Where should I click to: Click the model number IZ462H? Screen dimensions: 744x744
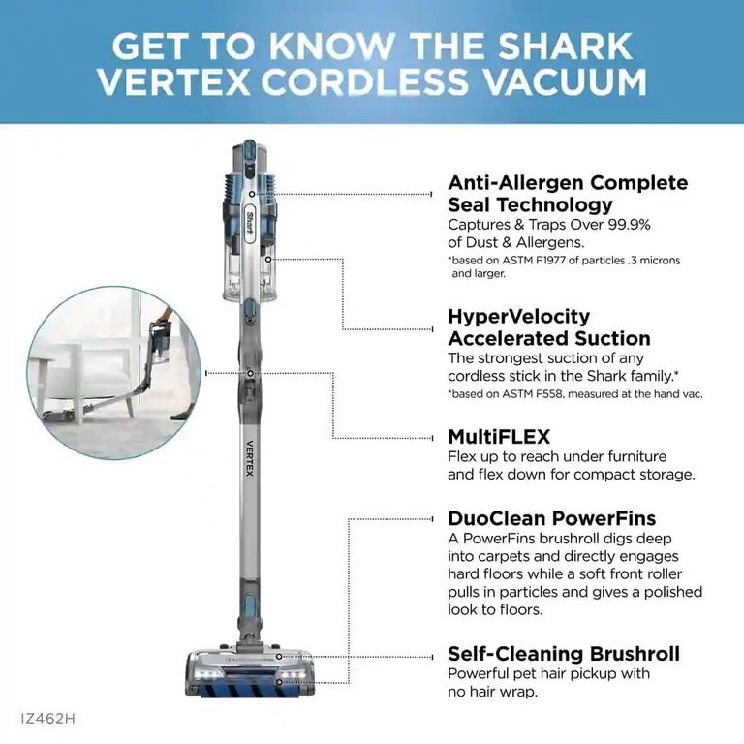pyautogui.click(x=47, y=719)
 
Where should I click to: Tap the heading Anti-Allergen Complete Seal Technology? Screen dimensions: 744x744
pyautogui.click(x=567, y=194)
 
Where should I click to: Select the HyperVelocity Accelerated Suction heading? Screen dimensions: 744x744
pyautogui.click(x=548, y=327)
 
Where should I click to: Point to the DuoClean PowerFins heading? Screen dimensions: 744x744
pyautogui.click(x=565, y=517)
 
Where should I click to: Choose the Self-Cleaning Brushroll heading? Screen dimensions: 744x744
pyautogui.click(x=563, y=653)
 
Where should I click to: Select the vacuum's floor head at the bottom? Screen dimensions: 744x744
pyautogui.click(x=248, y=674)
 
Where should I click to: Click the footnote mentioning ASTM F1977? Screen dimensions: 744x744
pyautogui.click(x=577, y=266)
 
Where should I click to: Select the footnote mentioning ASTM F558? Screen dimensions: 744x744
pyautogui.click(x=574, y=393)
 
